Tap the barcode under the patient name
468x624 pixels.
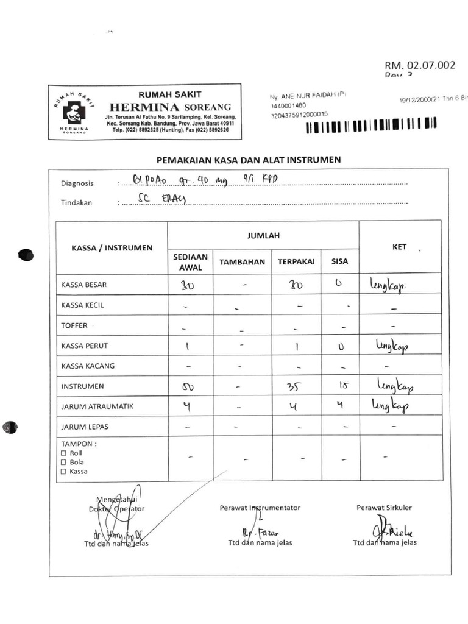tap(371, 127)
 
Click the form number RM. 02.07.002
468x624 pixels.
tap(419, 66)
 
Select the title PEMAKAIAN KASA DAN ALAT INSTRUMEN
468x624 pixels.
tap(249, 160)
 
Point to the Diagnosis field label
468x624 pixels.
tap(77, 183)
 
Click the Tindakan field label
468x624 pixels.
tap(76, 203)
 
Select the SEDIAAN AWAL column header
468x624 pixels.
tap(190, 262)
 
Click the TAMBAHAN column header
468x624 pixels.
tap(243, 262)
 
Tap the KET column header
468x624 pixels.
tap(399, 247)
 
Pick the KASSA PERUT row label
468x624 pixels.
tap(85, 346)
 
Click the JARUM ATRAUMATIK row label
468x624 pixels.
tap(97, 406)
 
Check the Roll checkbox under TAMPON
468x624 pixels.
tap(64, 453)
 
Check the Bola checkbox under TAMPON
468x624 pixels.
tap(64, 463)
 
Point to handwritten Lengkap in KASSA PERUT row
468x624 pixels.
tap(392, 347)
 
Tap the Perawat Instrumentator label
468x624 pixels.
tap(260, 508)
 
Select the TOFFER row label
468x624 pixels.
tap(74, 325)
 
